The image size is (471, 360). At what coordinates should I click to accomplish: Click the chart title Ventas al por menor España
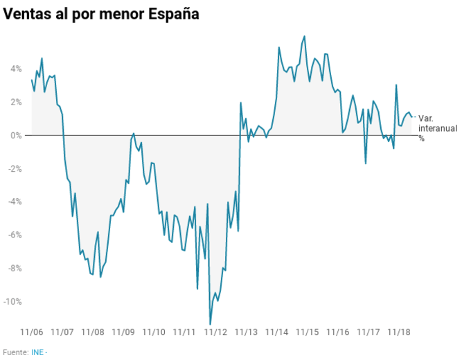(101, 14)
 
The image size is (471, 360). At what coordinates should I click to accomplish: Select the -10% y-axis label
(12, 301)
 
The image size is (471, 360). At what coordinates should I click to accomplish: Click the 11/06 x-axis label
(32, 332)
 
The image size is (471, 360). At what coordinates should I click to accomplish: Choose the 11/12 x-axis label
(215, 332)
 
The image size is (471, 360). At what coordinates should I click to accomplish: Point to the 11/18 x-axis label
(399, 332)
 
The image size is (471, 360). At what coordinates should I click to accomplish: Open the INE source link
(37, 352)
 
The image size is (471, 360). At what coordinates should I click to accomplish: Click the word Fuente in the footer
(15, 352)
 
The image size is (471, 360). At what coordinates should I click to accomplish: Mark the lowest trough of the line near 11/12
(211, 324)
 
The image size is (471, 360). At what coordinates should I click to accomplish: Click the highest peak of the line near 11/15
(305, 36)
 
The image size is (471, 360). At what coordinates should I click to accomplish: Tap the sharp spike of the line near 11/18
(396, 85)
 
